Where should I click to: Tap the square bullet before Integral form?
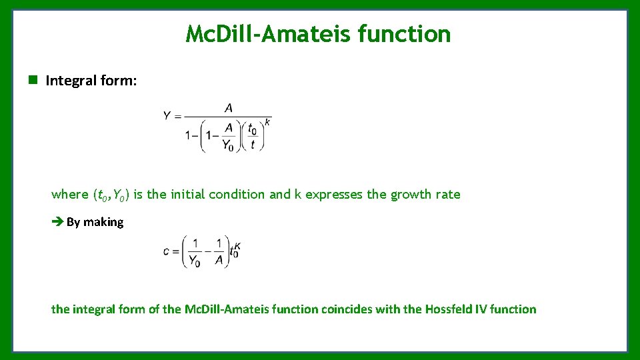pos(32,81)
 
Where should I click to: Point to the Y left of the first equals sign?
pos(167,116)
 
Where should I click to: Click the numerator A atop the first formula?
pos(229,108)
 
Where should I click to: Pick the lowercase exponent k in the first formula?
pos(267,122)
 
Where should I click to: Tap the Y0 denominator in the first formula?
pos(227,145)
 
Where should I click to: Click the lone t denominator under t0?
pos(253,145)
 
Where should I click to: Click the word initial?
pos(190,195)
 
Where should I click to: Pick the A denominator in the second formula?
pos(219,261)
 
